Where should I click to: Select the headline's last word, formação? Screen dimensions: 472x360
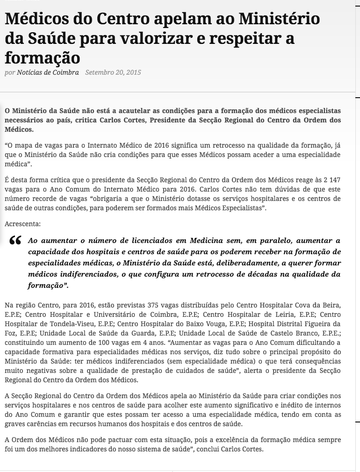click(43, 57)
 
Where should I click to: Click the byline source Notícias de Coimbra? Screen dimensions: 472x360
click(48, 72)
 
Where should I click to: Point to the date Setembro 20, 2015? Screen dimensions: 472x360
click(113, 72)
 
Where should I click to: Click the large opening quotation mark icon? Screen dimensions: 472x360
click(15, 240)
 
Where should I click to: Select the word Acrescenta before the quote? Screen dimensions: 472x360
click(22, 224)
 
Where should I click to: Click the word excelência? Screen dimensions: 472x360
click(226, 440)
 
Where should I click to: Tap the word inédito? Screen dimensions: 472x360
click(292, 405)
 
